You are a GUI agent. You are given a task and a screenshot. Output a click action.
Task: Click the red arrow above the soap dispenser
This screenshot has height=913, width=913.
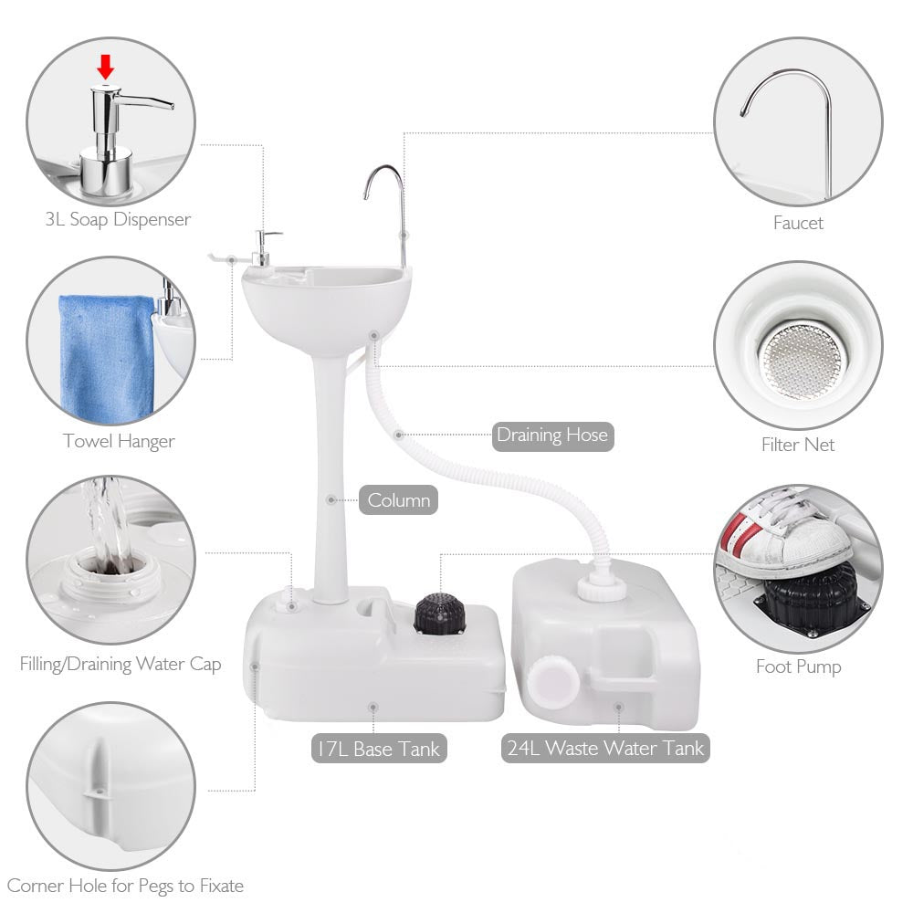pyautogui.click(x=105, y=67)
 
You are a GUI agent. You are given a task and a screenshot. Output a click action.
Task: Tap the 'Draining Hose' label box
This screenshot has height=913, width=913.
pyautogui.click(x=552, y=436)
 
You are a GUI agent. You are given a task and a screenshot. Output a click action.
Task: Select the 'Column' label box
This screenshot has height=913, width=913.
pyautogui.click(x=398, y=500)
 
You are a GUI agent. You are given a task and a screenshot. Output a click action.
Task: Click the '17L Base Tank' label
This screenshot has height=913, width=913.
pyautogui.click(x=379, y=749)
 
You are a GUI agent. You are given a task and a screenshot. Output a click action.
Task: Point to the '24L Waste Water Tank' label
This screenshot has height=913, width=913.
pyautogui.click(x=605, y=748)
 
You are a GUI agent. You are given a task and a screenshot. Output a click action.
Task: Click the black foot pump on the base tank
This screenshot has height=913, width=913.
pyautogui.click(x=440, y=614)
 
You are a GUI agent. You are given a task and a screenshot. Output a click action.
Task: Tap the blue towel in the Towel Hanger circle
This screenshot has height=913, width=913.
pyautogui.click(x=106, y=357)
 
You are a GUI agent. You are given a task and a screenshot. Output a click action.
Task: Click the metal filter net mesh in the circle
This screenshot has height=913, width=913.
pyautogui.click(x=802, y=361)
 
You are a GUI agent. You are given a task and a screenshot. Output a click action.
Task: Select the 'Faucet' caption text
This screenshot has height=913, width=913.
pyautogui.click(x=798, y=223)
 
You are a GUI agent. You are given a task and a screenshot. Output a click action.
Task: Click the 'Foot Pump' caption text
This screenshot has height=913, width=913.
pyautogui.click(x=798, y=666)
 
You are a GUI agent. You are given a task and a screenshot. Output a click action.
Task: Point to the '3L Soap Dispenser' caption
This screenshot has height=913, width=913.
pyautogui.click(x=118, y=219)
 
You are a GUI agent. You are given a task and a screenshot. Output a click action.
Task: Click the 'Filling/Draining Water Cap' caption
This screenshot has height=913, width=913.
pyautogui.click(x=121, y=665)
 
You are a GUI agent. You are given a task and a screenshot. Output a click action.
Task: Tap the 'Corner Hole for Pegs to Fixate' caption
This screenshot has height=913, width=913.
pyautogui.click(x=125, y=887)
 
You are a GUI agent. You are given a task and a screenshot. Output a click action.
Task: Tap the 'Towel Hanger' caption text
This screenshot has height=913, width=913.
pyautogui.click(x=119, y=441)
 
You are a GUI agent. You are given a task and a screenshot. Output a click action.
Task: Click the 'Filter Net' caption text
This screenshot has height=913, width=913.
pyautogui.click(x=798, y=445)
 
